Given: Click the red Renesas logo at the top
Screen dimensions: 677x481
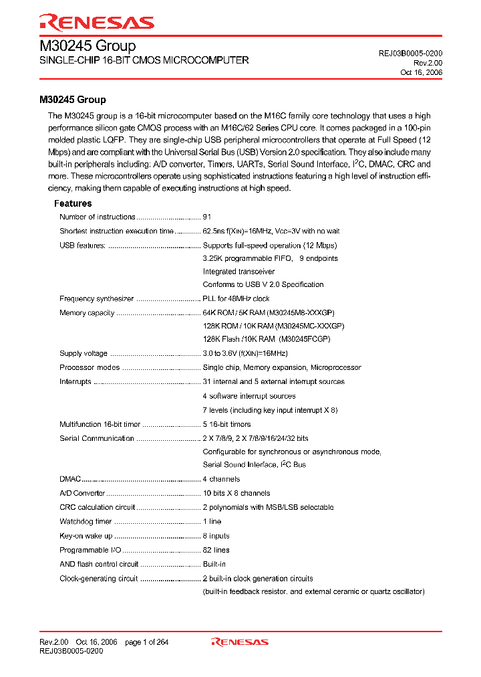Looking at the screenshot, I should click(x=97, y=23).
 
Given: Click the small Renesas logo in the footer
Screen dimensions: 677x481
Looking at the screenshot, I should click(x=240, y=642).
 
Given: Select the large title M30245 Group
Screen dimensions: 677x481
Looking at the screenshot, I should click(x=88, y=46).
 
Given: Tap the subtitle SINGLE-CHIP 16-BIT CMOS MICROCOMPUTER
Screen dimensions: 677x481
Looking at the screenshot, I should click(x=144, y=60).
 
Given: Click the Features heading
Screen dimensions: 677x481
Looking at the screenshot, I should click(x=73, y=203).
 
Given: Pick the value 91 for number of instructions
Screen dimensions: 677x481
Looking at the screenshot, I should click(x=207, y=217).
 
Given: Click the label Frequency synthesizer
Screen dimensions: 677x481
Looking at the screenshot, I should click(x=97, y=299).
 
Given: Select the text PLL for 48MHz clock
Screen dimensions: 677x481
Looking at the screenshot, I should click(x=236, y=299).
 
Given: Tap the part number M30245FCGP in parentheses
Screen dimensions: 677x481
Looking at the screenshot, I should click(x=305, y=339).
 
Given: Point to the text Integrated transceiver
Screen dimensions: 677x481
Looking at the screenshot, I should click(x=238, y=272).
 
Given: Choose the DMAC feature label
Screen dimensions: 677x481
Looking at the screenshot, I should click(x=70, y=479).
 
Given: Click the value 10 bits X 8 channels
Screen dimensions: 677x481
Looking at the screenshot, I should click(x=236, y=493).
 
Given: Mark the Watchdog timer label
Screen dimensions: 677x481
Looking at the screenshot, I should click(x=86, y=521).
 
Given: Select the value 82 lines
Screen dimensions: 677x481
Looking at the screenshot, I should click(x=216, y=550).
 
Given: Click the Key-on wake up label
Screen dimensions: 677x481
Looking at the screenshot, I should click(x=86, y=536).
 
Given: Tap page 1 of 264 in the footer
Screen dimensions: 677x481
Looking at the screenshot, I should click(x=147, y=642).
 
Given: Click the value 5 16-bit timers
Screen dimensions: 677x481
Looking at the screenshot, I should click(x=227, y=424).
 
